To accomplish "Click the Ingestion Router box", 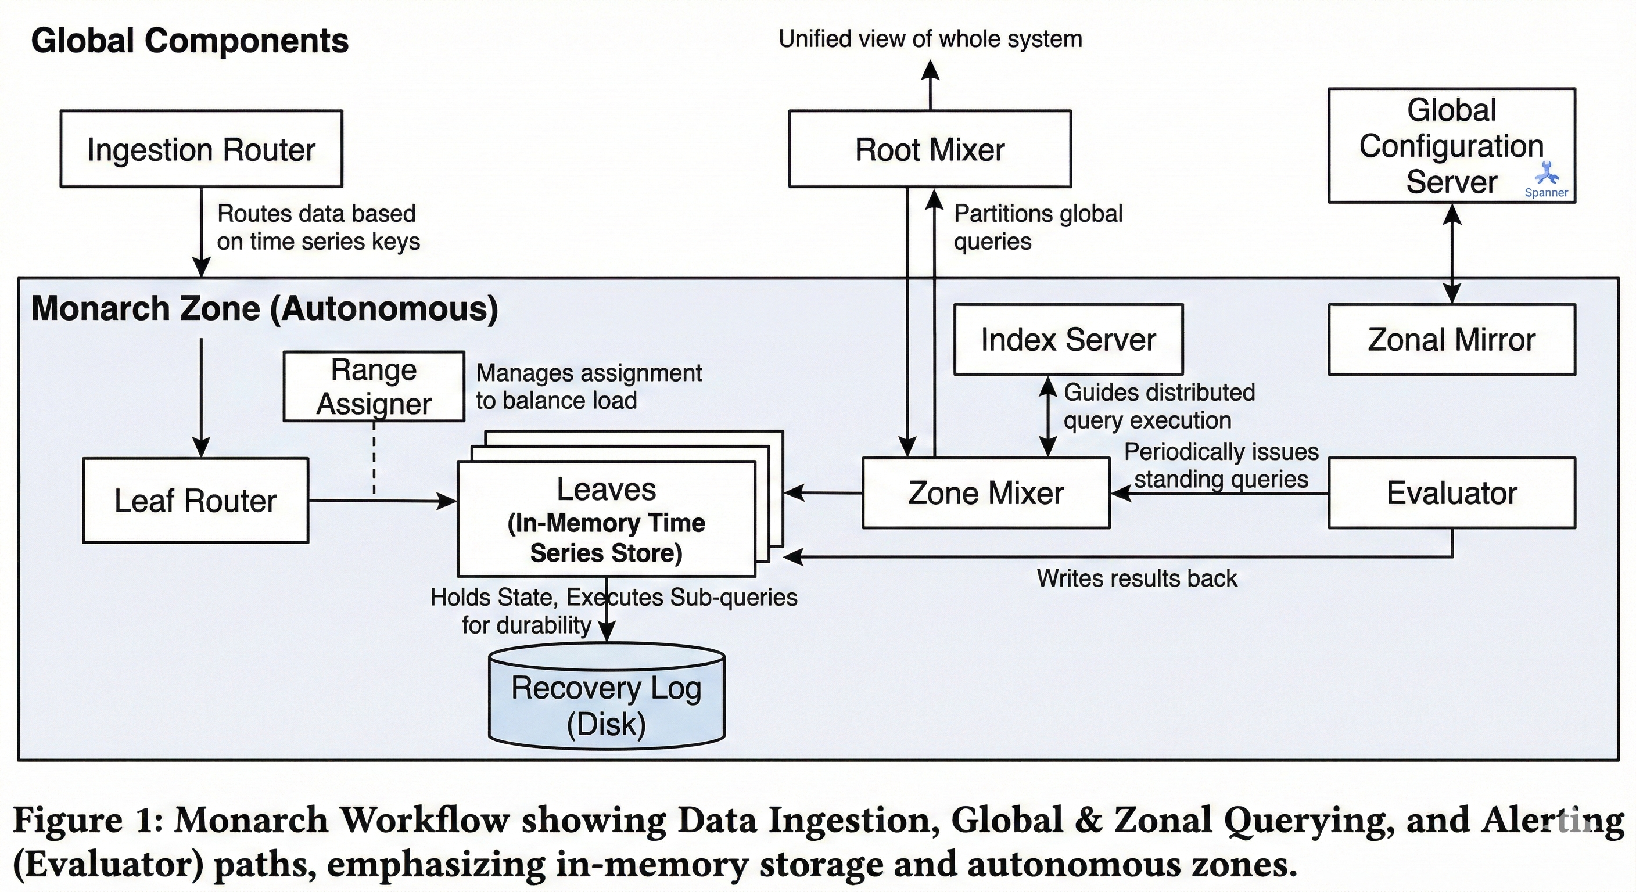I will coord(202,149).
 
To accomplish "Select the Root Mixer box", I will coord(930,149).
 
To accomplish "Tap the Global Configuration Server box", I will coord(1452,145).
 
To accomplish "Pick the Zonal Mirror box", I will coord(1452,340).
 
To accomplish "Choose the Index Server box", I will coord(1068,340).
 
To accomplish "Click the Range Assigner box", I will coord(374,387).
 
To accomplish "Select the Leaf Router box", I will coord(196,500).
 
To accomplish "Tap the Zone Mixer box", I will coord(986,493).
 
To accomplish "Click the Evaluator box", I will coord(1452,493).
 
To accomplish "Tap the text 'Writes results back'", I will coord(1137,578).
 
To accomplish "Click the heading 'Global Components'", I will coord(190,41).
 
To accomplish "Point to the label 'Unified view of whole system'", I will coord(930,39).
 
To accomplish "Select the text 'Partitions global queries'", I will coord(1038,227).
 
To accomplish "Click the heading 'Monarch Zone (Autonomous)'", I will coord(265,308).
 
